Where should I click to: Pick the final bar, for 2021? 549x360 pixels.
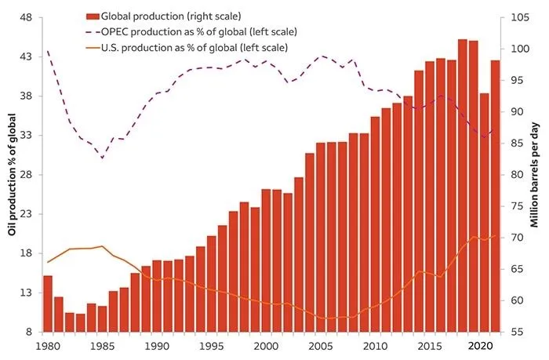point(496,196)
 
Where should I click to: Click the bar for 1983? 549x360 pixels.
point(81,322)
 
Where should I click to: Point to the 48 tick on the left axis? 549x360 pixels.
point(26,17)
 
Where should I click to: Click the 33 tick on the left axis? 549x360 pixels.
point(26,136)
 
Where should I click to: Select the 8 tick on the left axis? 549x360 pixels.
point(29,332)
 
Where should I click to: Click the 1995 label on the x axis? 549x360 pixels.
point(213,345)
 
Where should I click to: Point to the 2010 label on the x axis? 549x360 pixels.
point(376,345)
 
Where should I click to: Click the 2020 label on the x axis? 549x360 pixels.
point(485,345)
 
